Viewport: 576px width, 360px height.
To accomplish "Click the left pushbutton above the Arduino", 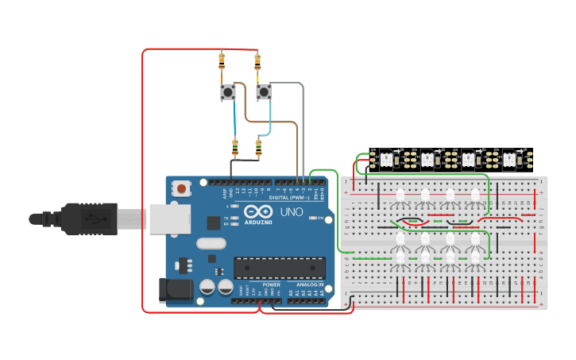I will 227,93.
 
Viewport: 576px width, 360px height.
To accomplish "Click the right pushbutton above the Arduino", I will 263,93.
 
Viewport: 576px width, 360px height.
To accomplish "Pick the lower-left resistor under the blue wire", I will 234,147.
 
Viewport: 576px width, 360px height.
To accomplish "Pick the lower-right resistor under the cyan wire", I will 258,147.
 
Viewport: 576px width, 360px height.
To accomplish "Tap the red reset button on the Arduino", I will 182,189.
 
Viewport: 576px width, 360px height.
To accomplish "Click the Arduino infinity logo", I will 258,211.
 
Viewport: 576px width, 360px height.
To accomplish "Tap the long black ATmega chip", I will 279,268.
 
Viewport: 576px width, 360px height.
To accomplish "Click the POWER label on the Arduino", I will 271,284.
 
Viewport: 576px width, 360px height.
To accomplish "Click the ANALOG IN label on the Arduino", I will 310,284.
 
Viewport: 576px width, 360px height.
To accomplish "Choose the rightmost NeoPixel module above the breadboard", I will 509,160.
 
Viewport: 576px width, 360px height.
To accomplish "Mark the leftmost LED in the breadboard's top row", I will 400,195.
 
